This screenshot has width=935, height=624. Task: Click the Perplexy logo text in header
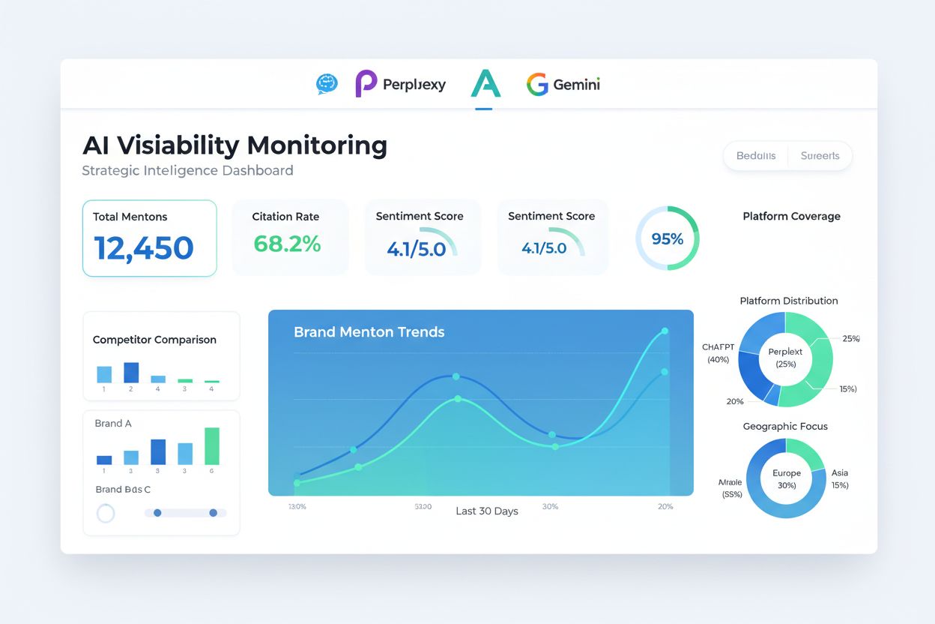[414, 85]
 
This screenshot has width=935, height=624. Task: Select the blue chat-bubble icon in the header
[327, 84]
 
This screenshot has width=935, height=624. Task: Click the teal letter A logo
[485, 84]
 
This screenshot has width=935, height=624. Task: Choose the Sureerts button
[820, 156]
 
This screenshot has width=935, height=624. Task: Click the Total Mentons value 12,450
[144, 248]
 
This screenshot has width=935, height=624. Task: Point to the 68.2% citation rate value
[287, 244]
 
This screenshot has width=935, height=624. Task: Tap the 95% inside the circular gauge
[667, 238]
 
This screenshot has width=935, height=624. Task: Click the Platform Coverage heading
[791, 216]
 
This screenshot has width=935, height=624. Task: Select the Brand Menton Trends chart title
[369, 331]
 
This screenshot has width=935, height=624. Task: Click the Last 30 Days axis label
[487, 511]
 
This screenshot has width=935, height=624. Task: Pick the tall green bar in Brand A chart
[212, 446]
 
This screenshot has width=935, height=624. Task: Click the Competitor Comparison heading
[154, 340]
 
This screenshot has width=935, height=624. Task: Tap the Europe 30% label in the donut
[787, 478]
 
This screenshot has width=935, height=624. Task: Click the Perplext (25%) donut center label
[785, 357]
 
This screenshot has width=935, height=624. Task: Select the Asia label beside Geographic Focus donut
[840, 473]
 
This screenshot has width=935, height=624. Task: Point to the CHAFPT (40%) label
[718, 353]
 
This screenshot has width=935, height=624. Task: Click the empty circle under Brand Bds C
[106, 513]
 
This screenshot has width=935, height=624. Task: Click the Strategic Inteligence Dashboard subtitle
[187, 170]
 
